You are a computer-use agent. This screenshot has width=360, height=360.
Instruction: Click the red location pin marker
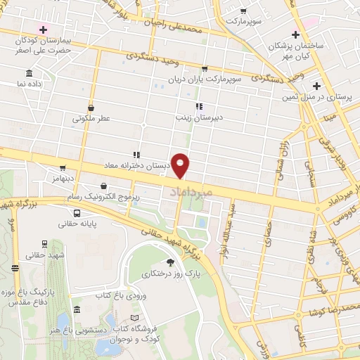(181, 165)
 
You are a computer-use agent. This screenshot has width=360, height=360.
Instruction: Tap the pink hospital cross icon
(44, 30)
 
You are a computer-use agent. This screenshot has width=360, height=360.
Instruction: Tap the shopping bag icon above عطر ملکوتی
(91, 108)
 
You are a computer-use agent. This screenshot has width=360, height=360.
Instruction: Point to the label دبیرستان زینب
(199, 118)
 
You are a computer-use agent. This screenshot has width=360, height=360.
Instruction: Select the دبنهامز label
(63, 179)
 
